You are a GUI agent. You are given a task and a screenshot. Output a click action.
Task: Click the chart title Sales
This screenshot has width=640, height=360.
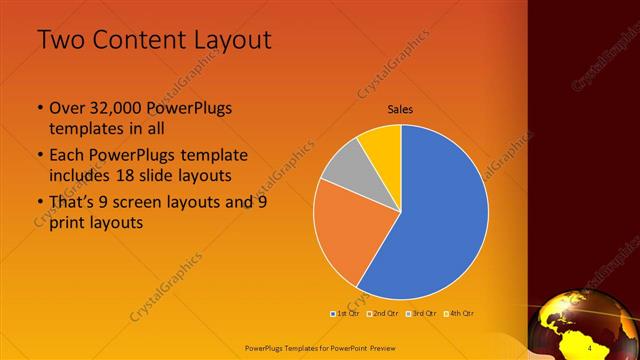[400, 110]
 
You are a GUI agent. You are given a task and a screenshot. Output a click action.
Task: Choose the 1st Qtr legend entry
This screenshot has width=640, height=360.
[346, 314]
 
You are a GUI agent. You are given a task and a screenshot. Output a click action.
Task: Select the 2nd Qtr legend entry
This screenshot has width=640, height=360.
[383, 314]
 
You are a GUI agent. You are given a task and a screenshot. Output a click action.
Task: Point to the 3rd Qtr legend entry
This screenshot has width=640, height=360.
[421, 314]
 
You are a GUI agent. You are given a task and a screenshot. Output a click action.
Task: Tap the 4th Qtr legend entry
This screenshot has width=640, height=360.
[459, 314]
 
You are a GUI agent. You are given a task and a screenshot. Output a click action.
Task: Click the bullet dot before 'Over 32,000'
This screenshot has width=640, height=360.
[39, 108]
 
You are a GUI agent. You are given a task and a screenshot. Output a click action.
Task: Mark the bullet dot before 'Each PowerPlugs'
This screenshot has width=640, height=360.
[39, 156]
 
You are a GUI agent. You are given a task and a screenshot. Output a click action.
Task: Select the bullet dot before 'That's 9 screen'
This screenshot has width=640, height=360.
[39, 203]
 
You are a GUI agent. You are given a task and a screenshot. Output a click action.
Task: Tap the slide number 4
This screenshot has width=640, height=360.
[590, 347]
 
